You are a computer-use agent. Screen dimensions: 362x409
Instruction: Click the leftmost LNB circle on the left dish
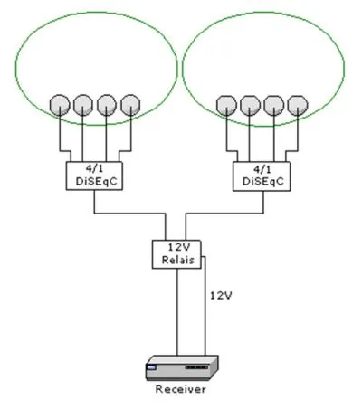60,105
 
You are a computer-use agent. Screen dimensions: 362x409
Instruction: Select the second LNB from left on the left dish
83,105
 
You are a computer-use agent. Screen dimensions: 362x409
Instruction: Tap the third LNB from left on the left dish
107,105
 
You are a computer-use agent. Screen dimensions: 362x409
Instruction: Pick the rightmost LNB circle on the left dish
130,105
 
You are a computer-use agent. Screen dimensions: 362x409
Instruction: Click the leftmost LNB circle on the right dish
226,106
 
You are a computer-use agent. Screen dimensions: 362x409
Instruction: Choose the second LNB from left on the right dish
250,106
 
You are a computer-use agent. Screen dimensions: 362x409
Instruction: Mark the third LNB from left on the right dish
274,106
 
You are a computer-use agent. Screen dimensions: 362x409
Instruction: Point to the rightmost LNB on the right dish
298,106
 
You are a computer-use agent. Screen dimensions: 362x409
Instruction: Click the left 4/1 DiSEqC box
94,176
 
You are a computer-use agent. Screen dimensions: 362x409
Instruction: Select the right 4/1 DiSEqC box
262,176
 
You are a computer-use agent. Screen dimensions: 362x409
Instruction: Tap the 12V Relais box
176,254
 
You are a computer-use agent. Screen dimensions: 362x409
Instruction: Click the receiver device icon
182,367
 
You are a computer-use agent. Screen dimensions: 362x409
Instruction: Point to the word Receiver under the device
181,389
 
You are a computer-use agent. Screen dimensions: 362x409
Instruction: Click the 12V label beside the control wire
221,296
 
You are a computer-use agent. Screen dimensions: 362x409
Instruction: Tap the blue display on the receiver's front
151,367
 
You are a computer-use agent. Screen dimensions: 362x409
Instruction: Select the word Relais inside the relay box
178,260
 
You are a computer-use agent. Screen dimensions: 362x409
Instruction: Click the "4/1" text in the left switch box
94,168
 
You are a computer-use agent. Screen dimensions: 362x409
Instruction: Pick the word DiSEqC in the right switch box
263,181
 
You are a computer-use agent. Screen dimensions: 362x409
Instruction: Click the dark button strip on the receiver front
196,367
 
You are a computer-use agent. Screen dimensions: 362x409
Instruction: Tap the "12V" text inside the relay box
179,247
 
